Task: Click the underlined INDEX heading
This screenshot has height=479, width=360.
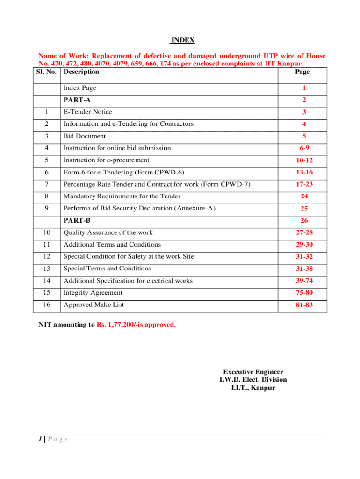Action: (182, 41)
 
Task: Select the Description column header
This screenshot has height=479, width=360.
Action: (81, 72)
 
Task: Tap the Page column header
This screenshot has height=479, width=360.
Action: (302, 72)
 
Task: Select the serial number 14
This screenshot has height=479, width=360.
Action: (46, 281)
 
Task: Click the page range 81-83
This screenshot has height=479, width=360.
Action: (303, 305)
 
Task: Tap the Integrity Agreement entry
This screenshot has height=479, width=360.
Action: (93, 293)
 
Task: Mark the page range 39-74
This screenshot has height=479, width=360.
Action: (303, 281)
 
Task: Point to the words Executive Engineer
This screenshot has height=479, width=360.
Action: (253, 372)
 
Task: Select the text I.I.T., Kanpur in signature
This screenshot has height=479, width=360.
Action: (253, 388)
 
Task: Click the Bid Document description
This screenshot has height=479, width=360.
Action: (85, 136)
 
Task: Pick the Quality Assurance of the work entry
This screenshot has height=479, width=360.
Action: (108, 232)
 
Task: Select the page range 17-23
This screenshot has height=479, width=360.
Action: (303, 185)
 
